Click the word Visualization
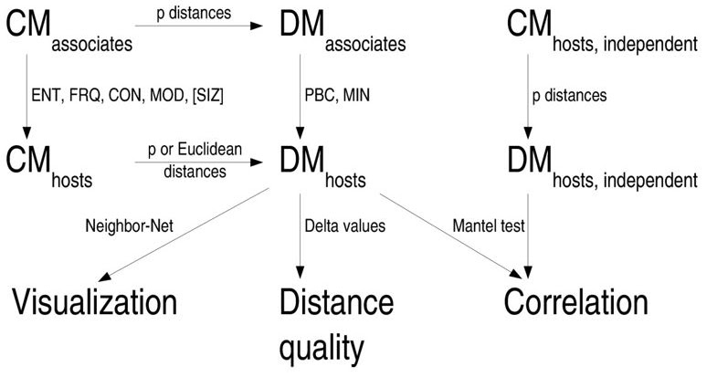click(94, 302)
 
